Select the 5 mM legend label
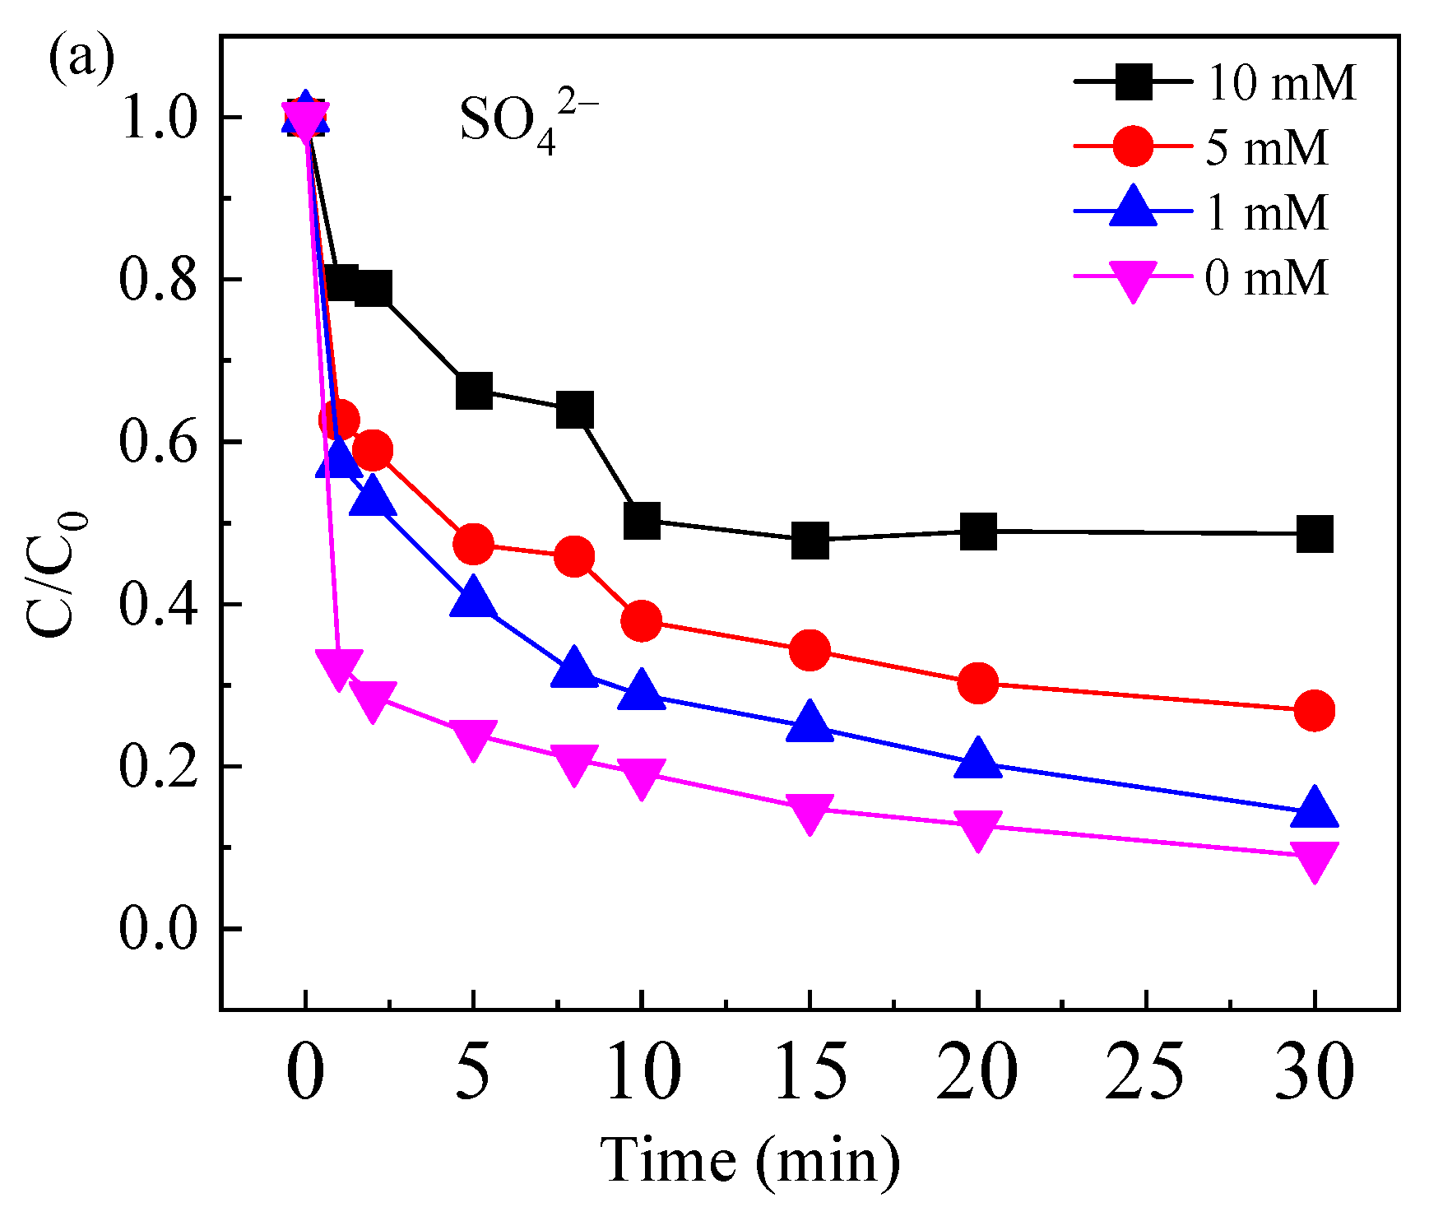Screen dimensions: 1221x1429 click(1267, 149)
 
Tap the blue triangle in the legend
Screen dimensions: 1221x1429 click(1134, 208)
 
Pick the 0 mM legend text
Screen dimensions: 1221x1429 click(1267, 278)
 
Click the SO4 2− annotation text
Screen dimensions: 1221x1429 click(527, 121)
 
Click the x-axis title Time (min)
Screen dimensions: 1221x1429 click(749, 1161)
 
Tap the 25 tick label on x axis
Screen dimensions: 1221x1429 click(1145, 1072)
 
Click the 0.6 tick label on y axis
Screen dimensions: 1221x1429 click(158, 442)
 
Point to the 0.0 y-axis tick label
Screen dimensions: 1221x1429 click(158, 929)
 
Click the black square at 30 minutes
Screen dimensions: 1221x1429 click(1314, 535)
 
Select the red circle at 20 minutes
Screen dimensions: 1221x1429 click(977, 683)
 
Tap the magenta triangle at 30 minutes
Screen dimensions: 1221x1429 click(1314, 858)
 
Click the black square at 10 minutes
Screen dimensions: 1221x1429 click(642, 521)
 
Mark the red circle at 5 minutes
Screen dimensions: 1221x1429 click(473, 544)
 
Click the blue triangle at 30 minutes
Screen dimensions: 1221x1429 click(1314, 806)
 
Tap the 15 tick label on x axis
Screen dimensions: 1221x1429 click(810, 1072)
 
